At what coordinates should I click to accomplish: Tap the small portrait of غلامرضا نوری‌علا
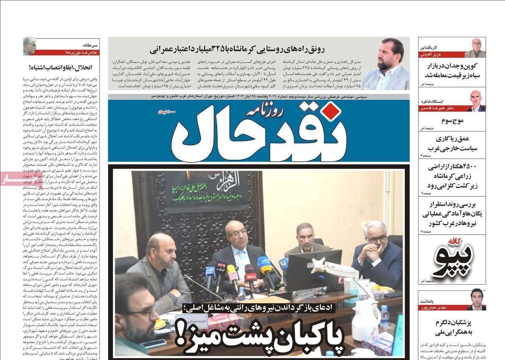29,46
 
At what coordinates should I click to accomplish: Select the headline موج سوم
452,121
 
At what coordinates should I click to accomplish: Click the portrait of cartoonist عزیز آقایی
475,48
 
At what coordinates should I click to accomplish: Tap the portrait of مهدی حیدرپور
476,299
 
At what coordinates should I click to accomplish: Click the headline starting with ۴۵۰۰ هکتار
452,176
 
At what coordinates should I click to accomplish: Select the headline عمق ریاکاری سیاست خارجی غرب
452,144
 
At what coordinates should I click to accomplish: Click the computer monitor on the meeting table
314,269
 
